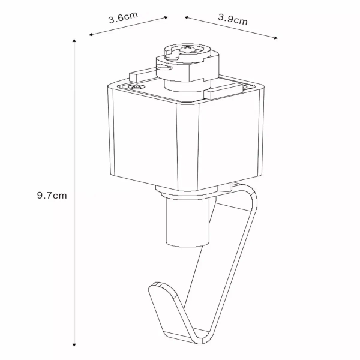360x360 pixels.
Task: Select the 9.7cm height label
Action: [51, 195]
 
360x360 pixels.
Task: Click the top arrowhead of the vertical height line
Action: [74, 41]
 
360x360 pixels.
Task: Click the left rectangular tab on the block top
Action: [139, 76]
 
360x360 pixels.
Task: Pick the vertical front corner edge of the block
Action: [177, 147]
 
